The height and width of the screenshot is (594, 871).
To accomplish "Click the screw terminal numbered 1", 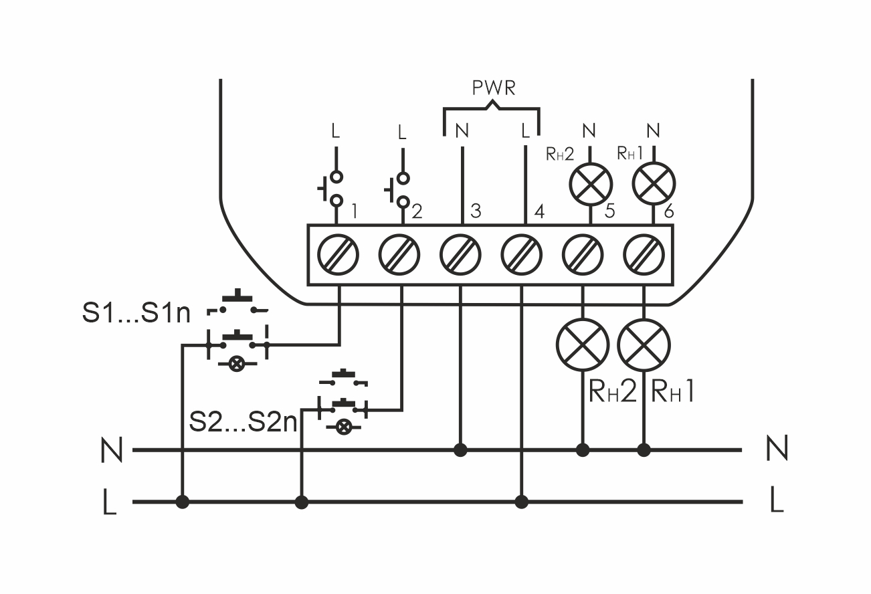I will pyautogui.click(x=338, y=255).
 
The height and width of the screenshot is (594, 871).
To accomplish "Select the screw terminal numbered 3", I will pyautogui.click(x=460, y=255).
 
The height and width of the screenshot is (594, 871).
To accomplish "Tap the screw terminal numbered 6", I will pyautogui.click(x=644, y=255).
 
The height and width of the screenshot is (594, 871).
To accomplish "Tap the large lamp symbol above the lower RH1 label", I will pyautogui.click(x=644, y=345).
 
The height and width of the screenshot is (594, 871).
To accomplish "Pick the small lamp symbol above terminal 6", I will pyautogui.click(x=654, y=182).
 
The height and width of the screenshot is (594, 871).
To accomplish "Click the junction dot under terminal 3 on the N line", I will pyautogui.click(x=460, y=450).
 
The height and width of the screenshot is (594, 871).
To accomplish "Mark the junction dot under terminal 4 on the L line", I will pyautogui.click(x=522, y=501).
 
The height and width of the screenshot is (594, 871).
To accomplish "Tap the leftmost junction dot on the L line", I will pyautogui.click(x=182, y=501).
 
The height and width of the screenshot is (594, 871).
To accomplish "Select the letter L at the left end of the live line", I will pyautogui.click(x=110, y=503).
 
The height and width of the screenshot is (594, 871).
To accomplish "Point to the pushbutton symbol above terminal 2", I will pyautogui.click(x=399, y=190).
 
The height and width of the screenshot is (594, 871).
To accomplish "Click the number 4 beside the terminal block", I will pyautogui.click(x=537, y=211).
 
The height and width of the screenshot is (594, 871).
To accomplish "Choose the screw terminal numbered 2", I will pyautogui.click(x=399, y=255).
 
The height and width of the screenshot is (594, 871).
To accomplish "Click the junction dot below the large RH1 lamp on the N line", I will pyautogui.click(x=644, y=450).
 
